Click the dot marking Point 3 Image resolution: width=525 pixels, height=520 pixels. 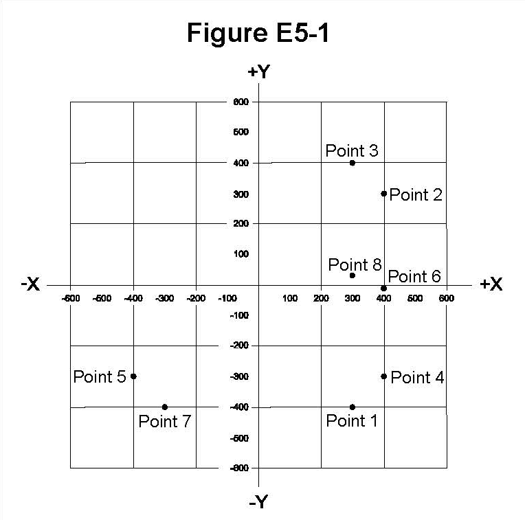353,163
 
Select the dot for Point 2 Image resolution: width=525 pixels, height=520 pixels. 383,193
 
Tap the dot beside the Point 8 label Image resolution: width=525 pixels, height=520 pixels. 353,275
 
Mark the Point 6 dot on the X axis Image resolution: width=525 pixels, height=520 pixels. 383,288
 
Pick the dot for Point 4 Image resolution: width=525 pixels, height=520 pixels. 383,376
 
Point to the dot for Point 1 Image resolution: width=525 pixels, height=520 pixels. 353,407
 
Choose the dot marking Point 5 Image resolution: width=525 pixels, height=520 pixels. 133,376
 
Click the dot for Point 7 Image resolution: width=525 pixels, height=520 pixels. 165,407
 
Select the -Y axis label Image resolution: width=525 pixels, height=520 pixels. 258,502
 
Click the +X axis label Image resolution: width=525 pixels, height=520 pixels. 491,284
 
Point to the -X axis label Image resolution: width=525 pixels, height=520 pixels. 30,284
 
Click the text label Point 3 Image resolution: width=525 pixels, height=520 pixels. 351,150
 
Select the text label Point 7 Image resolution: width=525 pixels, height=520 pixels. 164,421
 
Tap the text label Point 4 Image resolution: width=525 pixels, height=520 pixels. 417,377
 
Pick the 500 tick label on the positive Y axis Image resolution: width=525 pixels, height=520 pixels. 241,132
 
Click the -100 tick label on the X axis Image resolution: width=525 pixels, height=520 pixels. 227,298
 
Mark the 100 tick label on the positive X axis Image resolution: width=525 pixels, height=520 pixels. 290,298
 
